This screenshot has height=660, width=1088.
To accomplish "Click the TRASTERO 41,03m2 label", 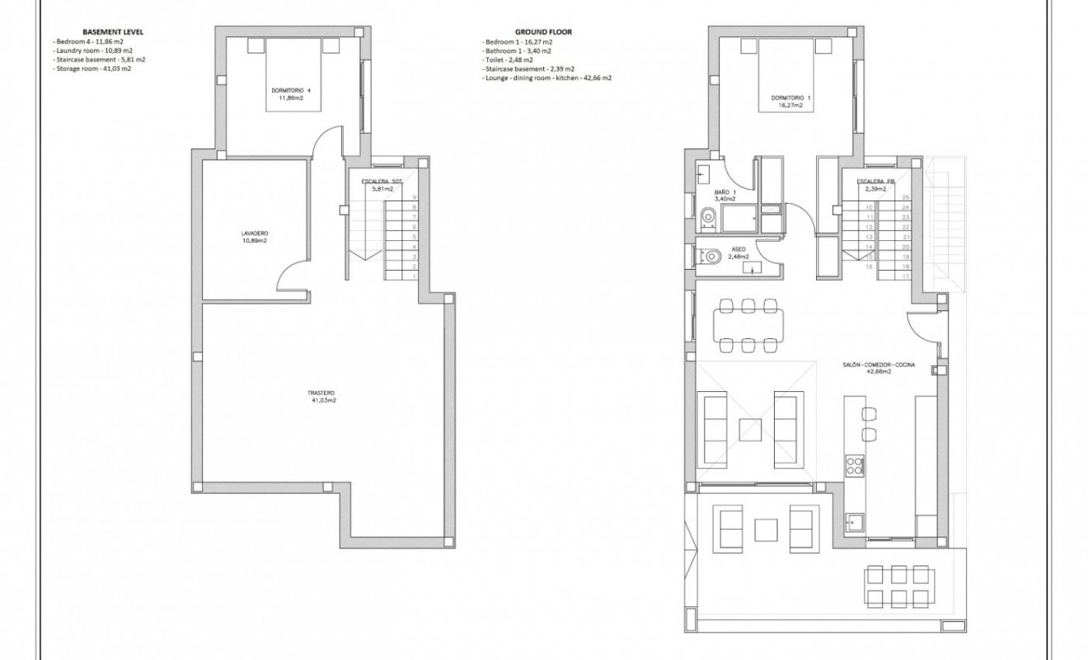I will click(x=323, y=396).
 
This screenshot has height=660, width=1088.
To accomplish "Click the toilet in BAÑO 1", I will click(x=707, y=218).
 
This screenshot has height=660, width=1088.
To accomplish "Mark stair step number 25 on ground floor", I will click(x=905, y=198).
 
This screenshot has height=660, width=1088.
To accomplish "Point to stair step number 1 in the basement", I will click(x=414, y=276).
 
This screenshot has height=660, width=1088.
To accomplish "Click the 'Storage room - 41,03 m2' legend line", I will click(x=92, y=69).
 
